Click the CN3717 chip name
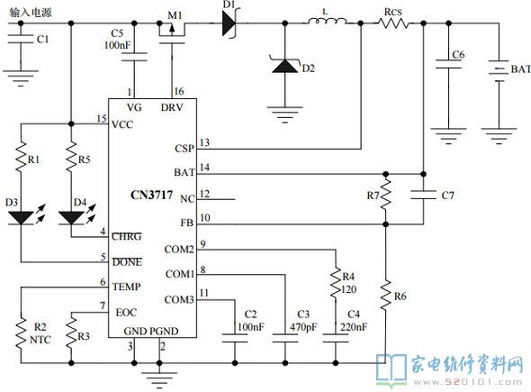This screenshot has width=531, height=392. click(x=151, y=195)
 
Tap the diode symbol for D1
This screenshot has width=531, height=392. click(x=229, y=23)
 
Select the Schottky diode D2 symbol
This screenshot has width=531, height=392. click(x=285, y=66)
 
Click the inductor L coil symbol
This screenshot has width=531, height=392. click(x=327, y=22)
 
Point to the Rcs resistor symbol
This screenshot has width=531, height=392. click(x=393, y=23)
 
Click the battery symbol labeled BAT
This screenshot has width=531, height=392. click(x=499, y=70)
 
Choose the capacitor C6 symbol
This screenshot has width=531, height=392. click(x=448, y=64)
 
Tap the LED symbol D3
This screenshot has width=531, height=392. click(x=21, y=217)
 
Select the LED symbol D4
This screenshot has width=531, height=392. click(x=71, y=218)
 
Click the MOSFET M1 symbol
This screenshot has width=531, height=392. click(x=172, y=33)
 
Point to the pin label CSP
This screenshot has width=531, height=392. click(x=184, y=149)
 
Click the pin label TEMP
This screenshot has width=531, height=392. click(x=126, y=287)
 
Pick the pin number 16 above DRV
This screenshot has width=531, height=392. click(x=179, y=91)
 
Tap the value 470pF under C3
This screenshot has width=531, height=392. click(x=303, y=327)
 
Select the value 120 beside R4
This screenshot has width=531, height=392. click(x=349, y=289)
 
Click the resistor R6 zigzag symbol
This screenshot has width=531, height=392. click(x=385, y=295)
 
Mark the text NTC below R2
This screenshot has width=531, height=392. click(x=40, y=340)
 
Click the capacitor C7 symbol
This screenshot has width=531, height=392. click(x=423, y=195)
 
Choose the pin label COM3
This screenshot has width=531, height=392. click(x=179, y=300)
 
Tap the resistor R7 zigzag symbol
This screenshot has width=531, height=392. click(x=385, y=195)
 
